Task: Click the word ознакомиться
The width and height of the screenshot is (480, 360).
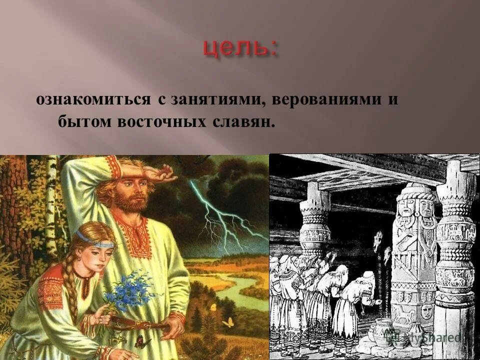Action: click(93, 99)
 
